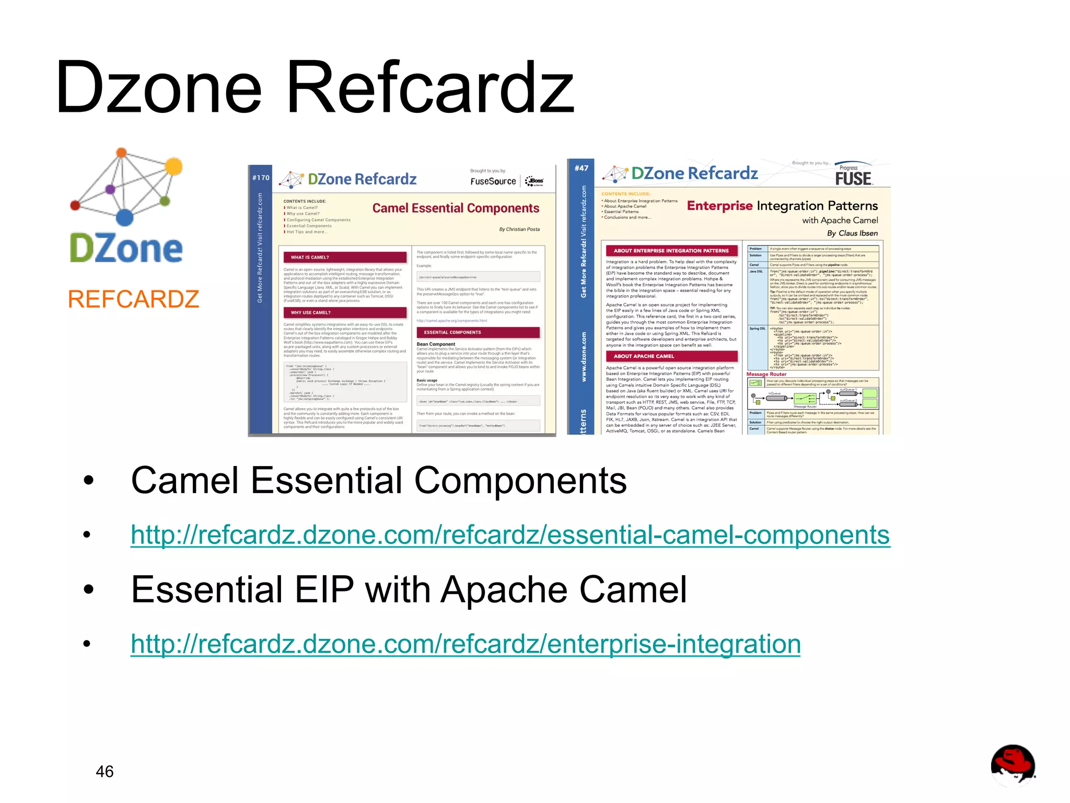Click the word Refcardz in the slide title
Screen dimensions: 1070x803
tap(431, 88)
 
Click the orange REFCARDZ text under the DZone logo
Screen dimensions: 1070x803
tap(133, 299)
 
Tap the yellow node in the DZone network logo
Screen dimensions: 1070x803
tap(173, 166)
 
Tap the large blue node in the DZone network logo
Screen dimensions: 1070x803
tap(124, 217)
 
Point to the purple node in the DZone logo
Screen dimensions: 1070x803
tap(110, 189)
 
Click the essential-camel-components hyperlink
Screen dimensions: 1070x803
tap(510, 535)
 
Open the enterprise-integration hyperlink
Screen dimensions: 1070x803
tap(465, 644)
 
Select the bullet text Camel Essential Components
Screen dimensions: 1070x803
tap(378, 481)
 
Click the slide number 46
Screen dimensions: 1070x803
tap(104, 771)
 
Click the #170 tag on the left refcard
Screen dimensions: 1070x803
tap(261, 178)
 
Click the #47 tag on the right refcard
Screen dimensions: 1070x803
tap(581, 168)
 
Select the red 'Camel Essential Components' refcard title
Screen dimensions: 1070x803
tap(456, 208)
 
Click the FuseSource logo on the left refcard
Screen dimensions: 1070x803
tap(493, 181)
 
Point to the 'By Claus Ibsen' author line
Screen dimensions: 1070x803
tap(852, 233)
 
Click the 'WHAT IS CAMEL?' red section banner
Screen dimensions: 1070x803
tap(345, 257)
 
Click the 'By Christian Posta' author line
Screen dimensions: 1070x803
tap(519, 229)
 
